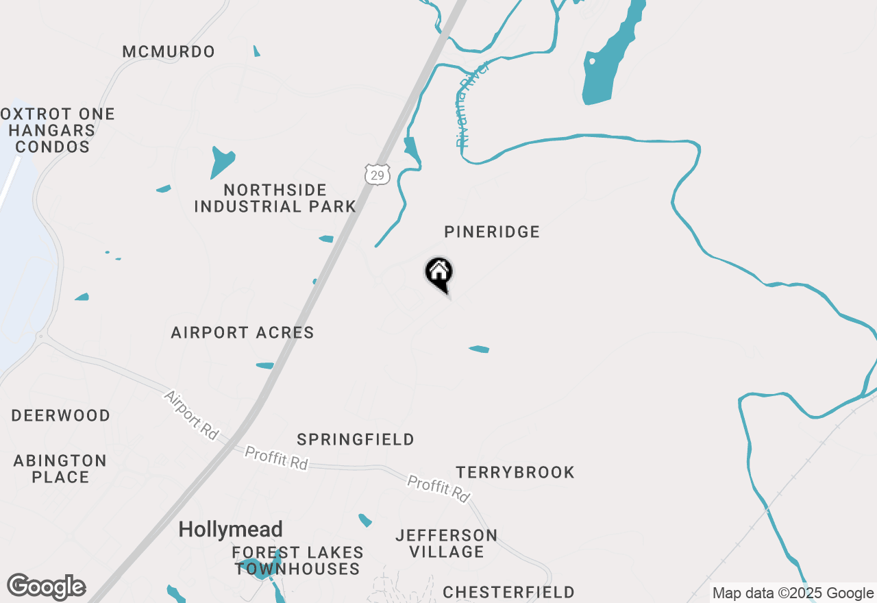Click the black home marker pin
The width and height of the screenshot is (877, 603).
point(439,273)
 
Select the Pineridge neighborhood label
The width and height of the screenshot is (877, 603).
point(492,232)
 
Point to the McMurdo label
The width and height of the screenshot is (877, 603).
point(169,52)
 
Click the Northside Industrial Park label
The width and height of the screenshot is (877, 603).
point(275,198)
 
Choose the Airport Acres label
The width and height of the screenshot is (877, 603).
point(243,333)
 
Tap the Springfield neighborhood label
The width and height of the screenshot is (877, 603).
point(356,440)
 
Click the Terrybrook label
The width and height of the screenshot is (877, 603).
point(515,473)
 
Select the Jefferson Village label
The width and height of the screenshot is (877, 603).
point(447,543)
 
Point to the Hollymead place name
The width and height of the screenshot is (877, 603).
point(231,530)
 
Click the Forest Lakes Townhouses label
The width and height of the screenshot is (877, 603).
point(297,561)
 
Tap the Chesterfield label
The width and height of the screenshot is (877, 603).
point(508,592)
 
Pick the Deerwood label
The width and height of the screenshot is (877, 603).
point(61,416)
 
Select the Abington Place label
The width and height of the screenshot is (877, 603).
point(60,469)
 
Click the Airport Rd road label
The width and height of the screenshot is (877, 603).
point(191,415)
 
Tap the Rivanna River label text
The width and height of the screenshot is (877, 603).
point(473,104)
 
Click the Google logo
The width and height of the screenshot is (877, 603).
point(46,587)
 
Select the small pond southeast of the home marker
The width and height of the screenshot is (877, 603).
point(479,349)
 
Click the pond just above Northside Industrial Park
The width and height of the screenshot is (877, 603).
point(222,161)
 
